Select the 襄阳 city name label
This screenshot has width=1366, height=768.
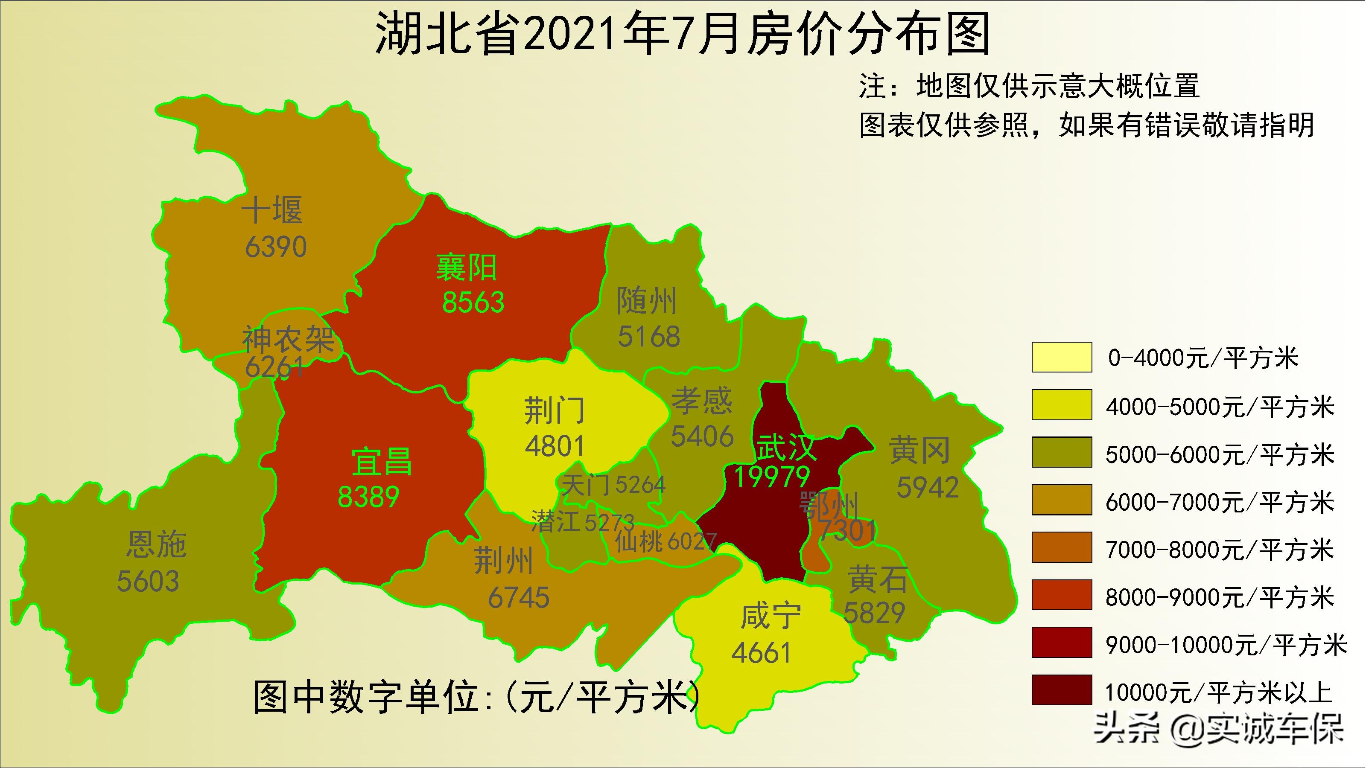click(x=466, y=268)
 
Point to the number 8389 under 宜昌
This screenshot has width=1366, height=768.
click(x=368, y=497)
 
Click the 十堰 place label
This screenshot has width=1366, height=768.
click(x=272, y=210)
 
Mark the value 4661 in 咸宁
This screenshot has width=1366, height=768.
click(x=762, y=652)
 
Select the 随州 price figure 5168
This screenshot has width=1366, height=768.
click(x=649, y=337)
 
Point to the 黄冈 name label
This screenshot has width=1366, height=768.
click(x=919, y=451)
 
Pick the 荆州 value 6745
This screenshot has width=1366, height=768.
click(x=519, y=598)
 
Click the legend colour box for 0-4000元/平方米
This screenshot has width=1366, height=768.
click(x=1062, y=357)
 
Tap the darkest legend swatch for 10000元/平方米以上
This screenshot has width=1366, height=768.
click(x=1062, y=689)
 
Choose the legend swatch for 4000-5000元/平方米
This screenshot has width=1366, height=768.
click(x=1062, y=405)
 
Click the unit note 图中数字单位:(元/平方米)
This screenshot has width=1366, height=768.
click(x=477, y=696)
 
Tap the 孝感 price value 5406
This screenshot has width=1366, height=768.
click(x=702, y=436)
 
